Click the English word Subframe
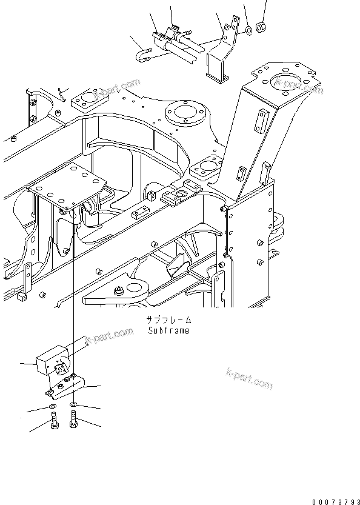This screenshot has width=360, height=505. (x=168, y=331)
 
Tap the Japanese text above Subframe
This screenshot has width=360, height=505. (x=168, y=320)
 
